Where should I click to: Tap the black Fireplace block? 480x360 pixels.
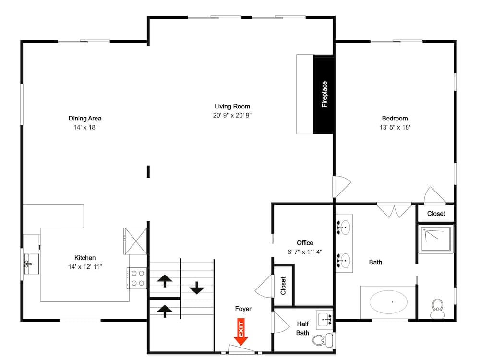(324, 94)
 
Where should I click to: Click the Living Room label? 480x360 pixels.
(232, 107)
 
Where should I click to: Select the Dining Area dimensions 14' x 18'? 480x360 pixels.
(85, 127)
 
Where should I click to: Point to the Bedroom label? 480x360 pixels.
(395, 119)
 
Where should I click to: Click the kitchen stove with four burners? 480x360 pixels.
(138, 278)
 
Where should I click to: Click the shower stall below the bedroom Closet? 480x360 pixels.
(436, 239)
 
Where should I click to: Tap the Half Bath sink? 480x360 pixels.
(325, 318)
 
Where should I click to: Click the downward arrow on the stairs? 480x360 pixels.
(196, 288)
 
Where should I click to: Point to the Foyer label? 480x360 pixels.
(243, 309)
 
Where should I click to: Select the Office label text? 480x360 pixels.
(305, 243)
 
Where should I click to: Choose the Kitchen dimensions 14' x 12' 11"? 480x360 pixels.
(85, 266)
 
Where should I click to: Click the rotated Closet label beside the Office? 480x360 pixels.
(283, 286)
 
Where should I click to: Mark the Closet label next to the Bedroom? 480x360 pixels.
(436, 214)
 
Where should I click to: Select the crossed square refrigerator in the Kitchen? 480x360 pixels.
(135, 240)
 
